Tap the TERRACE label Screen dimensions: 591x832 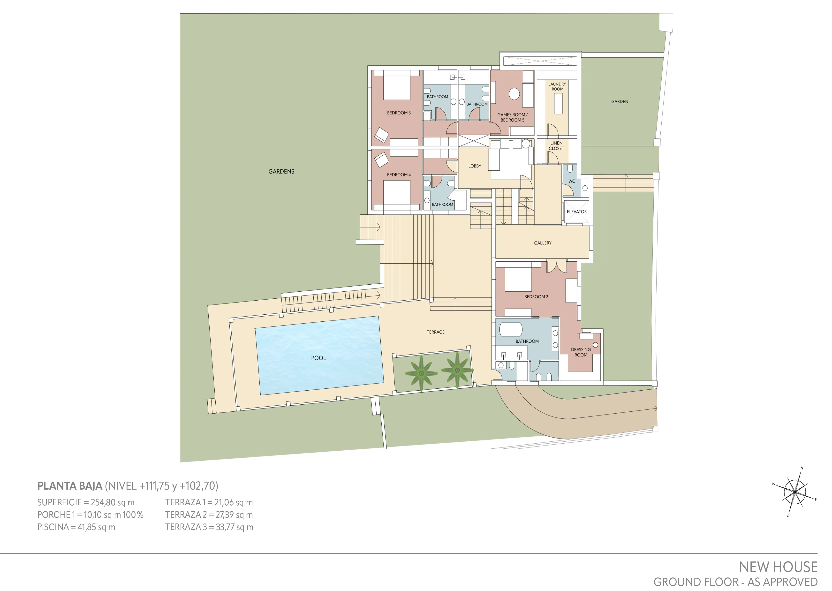(x=435, y=332)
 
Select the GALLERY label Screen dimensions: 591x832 (x=542, y=243)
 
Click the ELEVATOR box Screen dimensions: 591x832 (x=576, y=212)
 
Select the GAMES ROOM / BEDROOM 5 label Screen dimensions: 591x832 (x=512, y=117)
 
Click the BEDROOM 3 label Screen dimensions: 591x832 (x=399, y=113)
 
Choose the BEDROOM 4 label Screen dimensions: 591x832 (x=399, y=175)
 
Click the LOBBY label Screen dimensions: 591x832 (x=474, y=166)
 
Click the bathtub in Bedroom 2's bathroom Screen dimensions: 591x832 (x=510, y=329)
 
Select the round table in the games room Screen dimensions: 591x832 (x=514, y=94)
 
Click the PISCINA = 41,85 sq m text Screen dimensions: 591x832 (x=76, y=527)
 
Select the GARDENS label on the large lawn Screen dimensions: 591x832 (x=281, y=171)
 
